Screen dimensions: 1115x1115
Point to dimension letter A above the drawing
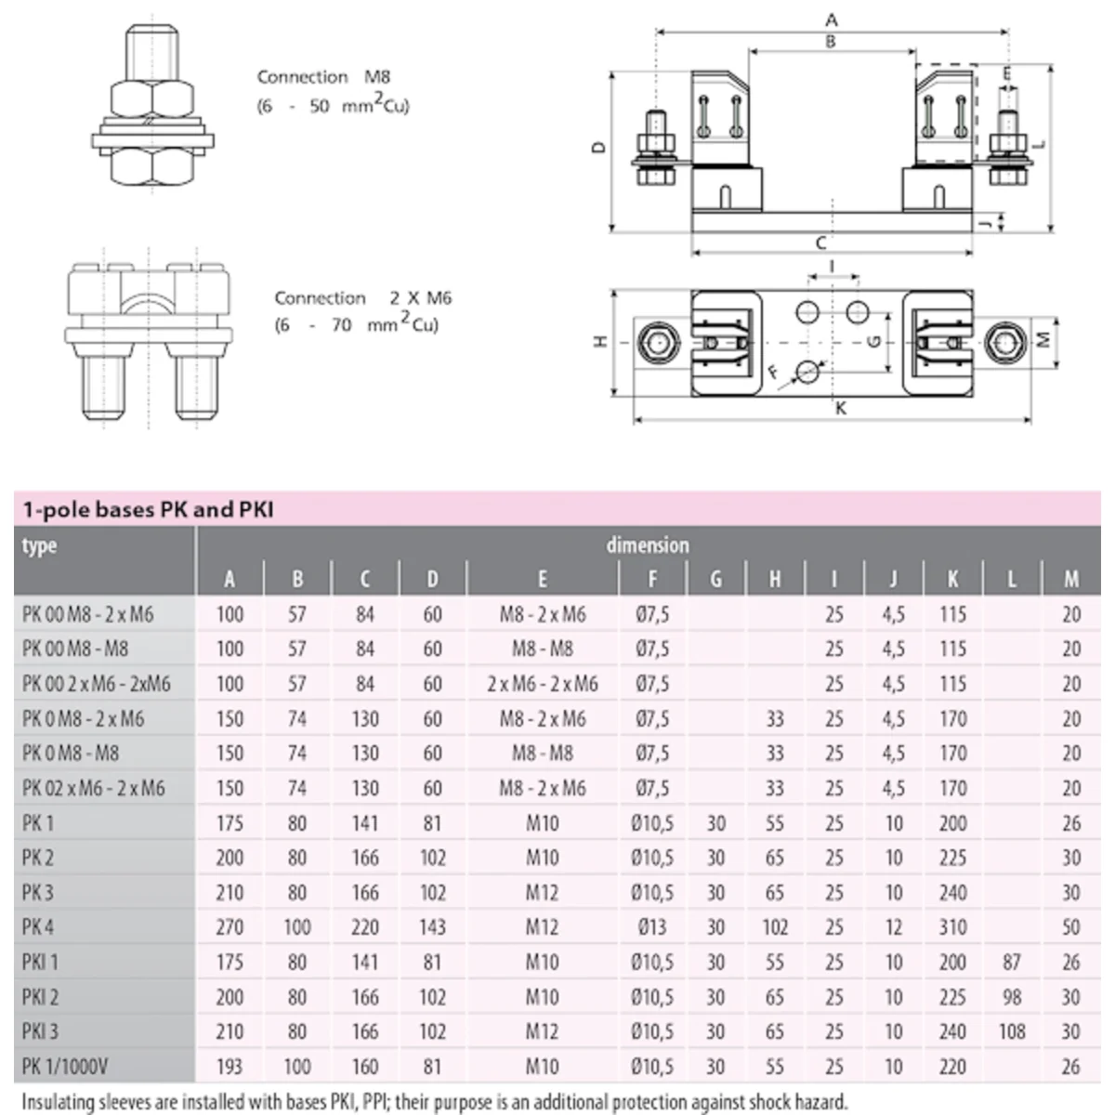tap(832, 20)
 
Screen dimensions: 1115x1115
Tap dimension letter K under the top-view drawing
tap(841, 408)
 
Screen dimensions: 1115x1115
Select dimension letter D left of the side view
tap(599, 146)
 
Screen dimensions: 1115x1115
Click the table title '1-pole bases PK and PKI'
tap(149, 509)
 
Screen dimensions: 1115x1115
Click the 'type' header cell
tap(39, 545)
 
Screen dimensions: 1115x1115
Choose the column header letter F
tap(652, 580)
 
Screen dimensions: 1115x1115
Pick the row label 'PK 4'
tap(38, 927)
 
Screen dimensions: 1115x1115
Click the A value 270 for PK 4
tap(230, 927)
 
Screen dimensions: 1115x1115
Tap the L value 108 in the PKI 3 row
tap(1012, 1031)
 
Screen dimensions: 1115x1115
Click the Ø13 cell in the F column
tap(652, 927)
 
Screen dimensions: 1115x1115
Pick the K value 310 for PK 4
tap(952, 927)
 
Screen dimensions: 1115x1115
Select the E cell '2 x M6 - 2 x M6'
tap(543, 684)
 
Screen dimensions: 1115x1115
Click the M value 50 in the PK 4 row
tap(1071, 927)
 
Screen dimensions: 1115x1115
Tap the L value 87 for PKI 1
tap(1012, 962)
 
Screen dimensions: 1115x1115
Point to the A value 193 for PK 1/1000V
tap(230, 1067)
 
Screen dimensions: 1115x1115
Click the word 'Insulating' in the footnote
tap(59, 1103)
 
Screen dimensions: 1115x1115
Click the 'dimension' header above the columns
tap(648, 545)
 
